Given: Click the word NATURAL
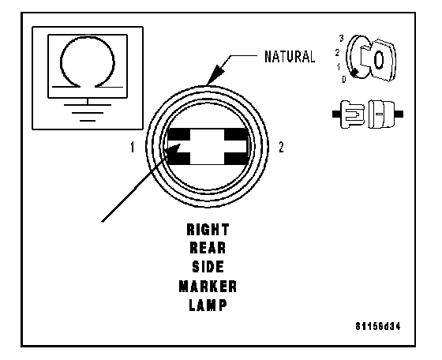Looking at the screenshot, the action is tap(290, 56).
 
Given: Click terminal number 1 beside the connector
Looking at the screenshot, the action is tap(133, 147).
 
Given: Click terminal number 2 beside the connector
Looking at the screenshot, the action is tap(281, 147).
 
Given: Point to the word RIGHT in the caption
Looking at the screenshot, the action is tap(208, 230).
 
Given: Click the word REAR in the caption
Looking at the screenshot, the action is tap(208, 248).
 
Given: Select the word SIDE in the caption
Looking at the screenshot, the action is tap(208, 267).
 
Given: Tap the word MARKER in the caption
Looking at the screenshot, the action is tap(208, 287).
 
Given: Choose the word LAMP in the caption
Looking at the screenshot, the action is tap(208, 305).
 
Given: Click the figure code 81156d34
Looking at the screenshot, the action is tap(378, 327).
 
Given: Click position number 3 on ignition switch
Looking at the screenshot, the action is tap(341, 38).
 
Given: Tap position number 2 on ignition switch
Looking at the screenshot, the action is tap(337, 52).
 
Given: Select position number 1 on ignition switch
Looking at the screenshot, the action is tap(339, 67).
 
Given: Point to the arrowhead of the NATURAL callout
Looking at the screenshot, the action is tap(215, 74).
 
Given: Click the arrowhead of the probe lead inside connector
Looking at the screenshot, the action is tap(172, 150).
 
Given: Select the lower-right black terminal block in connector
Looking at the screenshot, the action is tap(236, 159).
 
